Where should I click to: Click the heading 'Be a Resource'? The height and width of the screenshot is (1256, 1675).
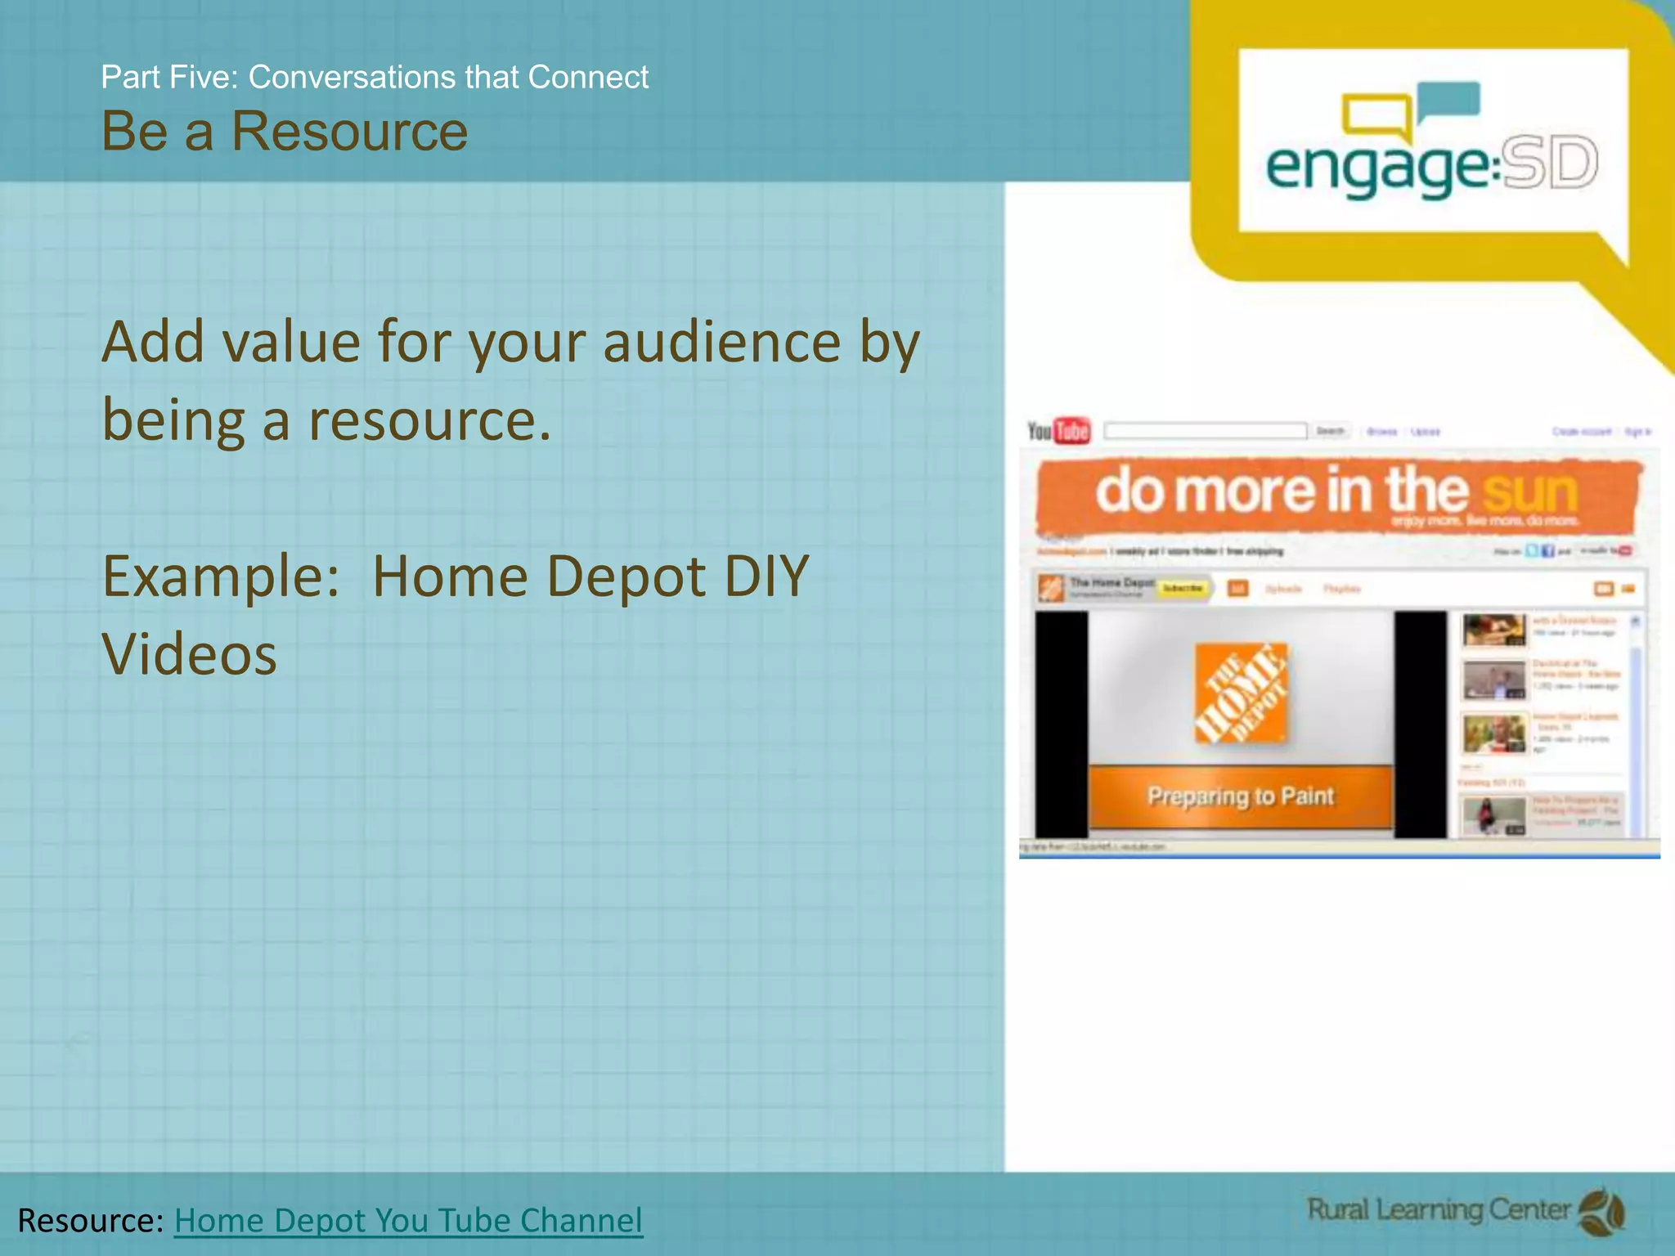pyautogui.click(x=284, y=131)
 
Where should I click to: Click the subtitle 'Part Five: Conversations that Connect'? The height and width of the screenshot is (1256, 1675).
pyautogui.click(x=374, y=77)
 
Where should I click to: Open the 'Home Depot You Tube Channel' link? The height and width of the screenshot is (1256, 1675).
pyautogui.click(x=408, y=1220)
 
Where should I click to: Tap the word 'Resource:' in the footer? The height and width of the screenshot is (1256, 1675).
pyautogui.click(x=91, y=1220)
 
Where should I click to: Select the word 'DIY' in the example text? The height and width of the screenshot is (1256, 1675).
pyautogui.click(x=766, y=576)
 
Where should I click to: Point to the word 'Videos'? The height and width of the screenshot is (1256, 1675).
pyautogui.click(x=189, y=655)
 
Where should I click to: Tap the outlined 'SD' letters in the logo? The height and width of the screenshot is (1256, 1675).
pyautogui.click(x=1550, y=163)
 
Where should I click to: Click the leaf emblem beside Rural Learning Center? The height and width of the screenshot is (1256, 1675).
pyautogui.click(x=1601, y=1212)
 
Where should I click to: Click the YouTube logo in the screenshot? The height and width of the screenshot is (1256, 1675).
pyautogui.click(x=1058, y=431)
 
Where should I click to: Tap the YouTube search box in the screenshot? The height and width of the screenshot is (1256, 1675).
pyautogui.click(x=1205, y=431)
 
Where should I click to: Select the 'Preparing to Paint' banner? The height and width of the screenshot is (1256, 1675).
pyautogui.click(x=1240, y=796)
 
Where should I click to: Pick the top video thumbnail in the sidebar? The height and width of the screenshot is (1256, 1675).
pyautogui.click(x=1493, y=630)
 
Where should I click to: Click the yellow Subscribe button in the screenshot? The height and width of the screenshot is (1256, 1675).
pyautogui.click(x=1183, y=588)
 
